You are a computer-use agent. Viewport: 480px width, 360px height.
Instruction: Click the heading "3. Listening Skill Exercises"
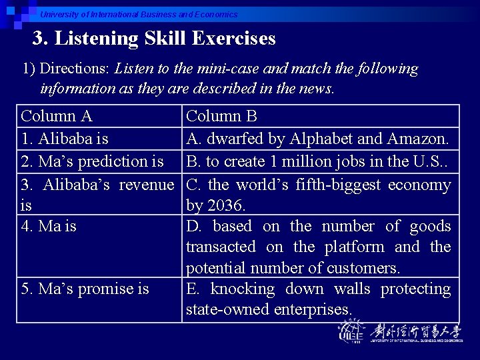click(154, 39)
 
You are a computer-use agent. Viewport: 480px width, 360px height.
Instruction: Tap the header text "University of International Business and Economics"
click(139, 14)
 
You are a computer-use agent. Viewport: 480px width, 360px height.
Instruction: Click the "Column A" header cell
click(57, 116)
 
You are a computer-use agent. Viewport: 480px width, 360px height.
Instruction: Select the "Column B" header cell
click(221, 116)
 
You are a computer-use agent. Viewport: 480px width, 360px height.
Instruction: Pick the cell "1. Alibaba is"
click(65, 139)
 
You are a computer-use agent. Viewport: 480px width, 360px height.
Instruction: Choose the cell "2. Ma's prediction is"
click(93, 161)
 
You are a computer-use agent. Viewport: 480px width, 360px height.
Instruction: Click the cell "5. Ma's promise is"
click(85, 289)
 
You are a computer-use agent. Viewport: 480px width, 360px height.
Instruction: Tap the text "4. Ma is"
click(49, 226)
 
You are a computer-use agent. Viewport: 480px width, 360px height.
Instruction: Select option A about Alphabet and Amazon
click(317, 139)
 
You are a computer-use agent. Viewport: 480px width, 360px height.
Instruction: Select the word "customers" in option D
click(364, 268)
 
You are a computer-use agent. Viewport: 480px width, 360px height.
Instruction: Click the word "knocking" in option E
click(242, 289)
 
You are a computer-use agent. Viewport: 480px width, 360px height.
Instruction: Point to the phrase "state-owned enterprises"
click(268, 309)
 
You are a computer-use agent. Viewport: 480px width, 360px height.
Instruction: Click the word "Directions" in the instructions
click(75, 69)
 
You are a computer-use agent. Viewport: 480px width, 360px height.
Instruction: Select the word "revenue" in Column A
click(146, 184)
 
